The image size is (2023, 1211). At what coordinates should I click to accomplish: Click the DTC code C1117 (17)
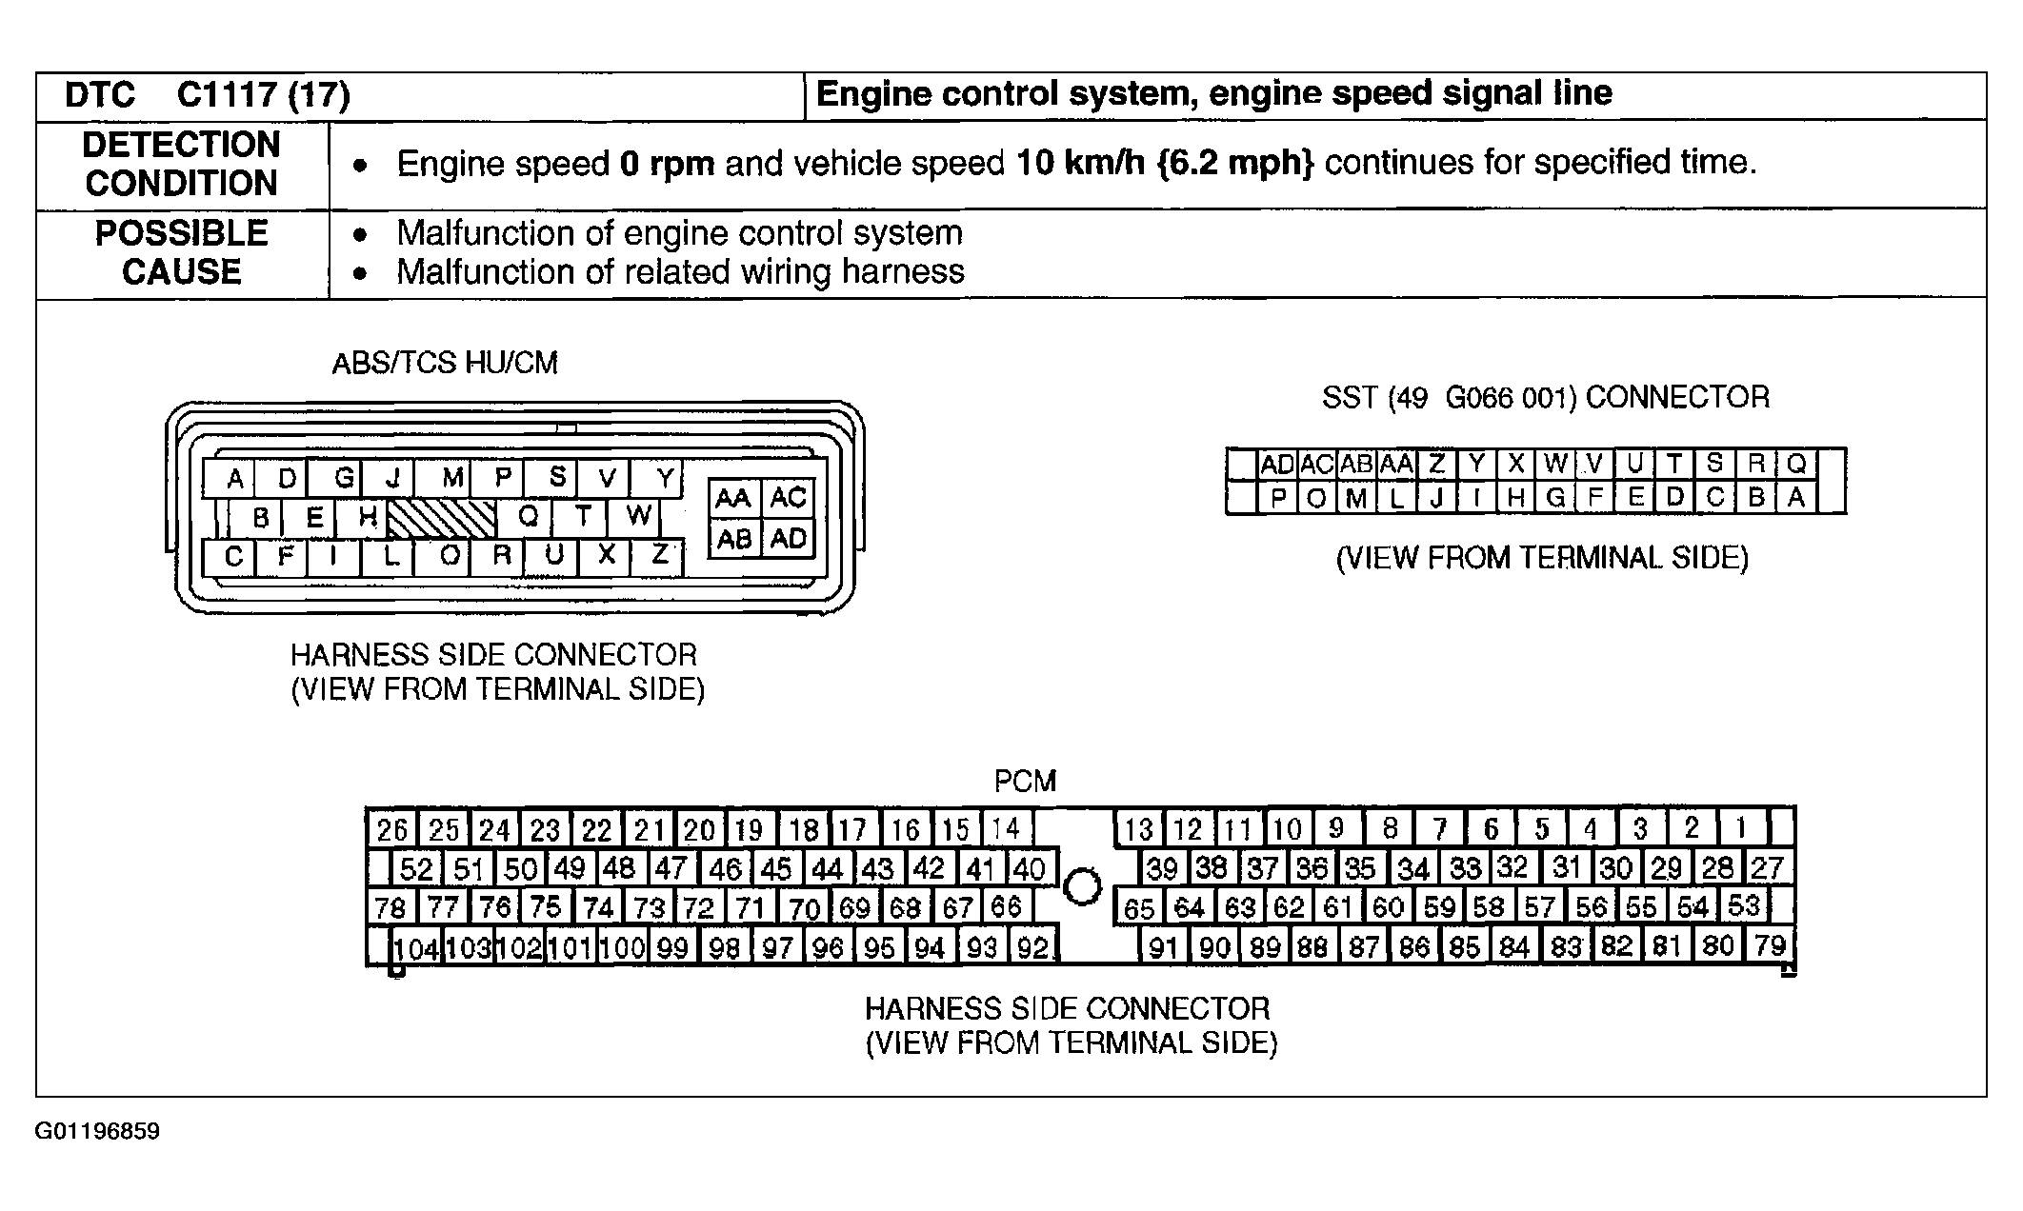point(263,95)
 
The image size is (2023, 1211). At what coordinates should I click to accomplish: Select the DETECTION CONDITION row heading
point(181,164)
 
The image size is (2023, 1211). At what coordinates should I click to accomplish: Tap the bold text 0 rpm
point(667,164)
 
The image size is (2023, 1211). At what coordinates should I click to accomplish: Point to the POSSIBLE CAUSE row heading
point(181,252)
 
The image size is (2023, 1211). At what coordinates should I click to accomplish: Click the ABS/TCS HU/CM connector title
point(445,363)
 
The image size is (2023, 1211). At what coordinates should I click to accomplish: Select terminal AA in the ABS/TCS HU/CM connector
point(733,498)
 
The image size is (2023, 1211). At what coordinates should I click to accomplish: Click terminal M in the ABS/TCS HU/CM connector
point(453,477)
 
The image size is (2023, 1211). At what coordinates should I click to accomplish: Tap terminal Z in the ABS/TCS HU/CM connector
point(659,555)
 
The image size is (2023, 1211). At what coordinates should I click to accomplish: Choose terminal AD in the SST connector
point(1277,465)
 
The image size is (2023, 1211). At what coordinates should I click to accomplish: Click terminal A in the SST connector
point(1796,497)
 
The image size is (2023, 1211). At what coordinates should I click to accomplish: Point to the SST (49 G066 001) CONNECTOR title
point(1545,397)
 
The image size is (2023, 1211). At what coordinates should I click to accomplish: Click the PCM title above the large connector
point(1025,782)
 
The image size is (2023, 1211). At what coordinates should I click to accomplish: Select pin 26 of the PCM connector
point(391,830)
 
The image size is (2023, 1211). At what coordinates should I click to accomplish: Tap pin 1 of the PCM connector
point(1740,828)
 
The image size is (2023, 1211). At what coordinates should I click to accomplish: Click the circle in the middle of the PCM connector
point(1081,886)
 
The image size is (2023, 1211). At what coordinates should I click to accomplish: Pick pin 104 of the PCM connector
point(416,948)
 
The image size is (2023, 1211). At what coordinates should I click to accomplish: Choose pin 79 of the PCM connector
point(1770,946)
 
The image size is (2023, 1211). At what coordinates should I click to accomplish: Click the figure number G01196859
point(97,1132)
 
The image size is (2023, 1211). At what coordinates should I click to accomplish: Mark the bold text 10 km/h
point(1080,164)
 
